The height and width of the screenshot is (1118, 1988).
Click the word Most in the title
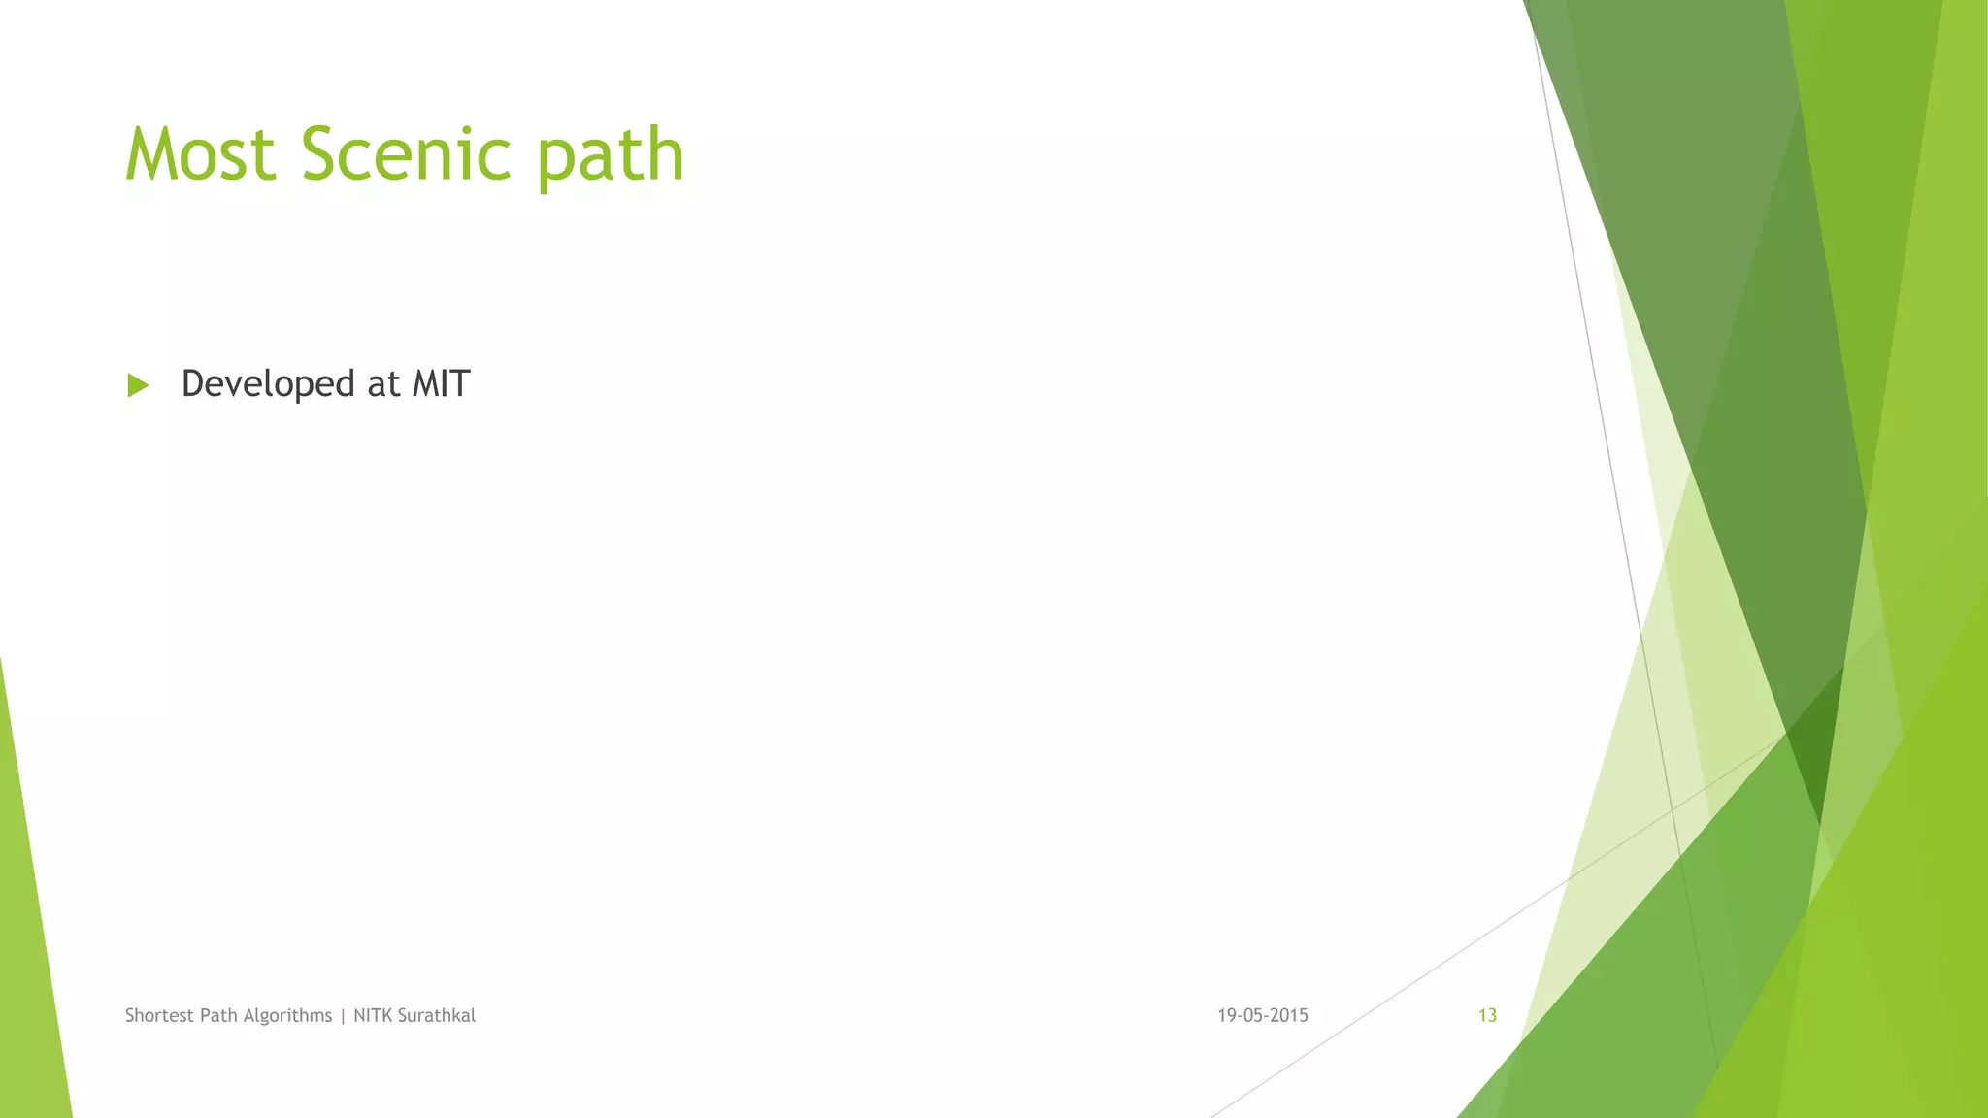coord(201,155)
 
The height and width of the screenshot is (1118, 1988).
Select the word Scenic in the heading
coord(406,155)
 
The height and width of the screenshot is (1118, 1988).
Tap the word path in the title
coord(611,157)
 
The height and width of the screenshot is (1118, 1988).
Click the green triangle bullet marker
coord(138,385)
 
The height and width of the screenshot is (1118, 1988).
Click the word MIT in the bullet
coord(441,383)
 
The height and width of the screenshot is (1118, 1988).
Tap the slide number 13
coord(1487,1015)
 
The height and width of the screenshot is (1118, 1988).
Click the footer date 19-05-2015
coord(1262,1015)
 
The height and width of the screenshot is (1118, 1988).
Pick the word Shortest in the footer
coord(160,1015)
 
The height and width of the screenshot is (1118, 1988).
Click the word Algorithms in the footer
coord(287,1016)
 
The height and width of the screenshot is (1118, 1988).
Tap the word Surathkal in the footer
coord(437,1015)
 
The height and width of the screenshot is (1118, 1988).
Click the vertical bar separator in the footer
coord(343,1016)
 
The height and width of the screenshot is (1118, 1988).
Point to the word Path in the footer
coord(218,1015)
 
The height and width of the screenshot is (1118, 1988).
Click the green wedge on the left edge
coord(29,951)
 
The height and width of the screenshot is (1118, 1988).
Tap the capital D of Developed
coord(193,383)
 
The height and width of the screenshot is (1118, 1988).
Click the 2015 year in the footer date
coord(1289,1015)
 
